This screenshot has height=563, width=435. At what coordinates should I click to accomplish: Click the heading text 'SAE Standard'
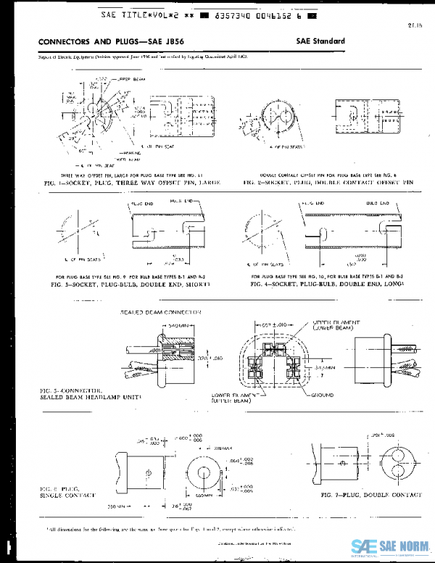pos(320,42)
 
